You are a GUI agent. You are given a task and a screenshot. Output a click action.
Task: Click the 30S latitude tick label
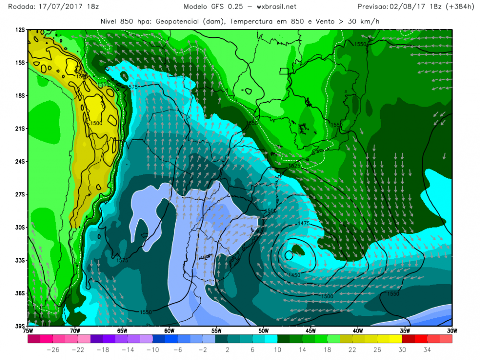[20, 227]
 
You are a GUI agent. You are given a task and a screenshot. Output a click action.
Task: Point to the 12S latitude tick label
[20, 30]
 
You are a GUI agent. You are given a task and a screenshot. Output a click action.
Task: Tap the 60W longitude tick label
[169, 331]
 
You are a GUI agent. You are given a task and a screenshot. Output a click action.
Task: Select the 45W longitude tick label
[310, 331]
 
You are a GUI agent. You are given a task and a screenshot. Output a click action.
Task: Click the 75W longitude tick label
[28, 331]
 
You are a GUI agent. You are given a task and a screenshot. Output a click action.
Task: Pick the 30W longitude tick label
[451, 331]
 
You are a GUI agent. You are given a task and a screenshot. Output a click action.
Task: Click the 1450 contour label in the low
[294, 275]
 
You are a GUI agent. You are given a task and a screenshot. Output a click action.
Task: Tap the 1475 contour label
[303, 224]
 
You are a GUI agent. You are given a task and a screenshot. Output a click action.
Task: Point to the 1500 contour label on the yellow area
[96, 123]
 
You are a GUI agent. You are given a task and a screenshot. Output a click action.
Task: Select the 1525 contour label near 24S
[294, 166]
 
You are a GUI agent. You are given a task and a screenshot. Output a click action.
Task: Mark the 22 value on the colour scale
[353, 349]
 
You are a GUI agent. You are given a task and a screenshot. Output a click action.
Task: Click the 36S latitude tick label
[20, 293]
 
